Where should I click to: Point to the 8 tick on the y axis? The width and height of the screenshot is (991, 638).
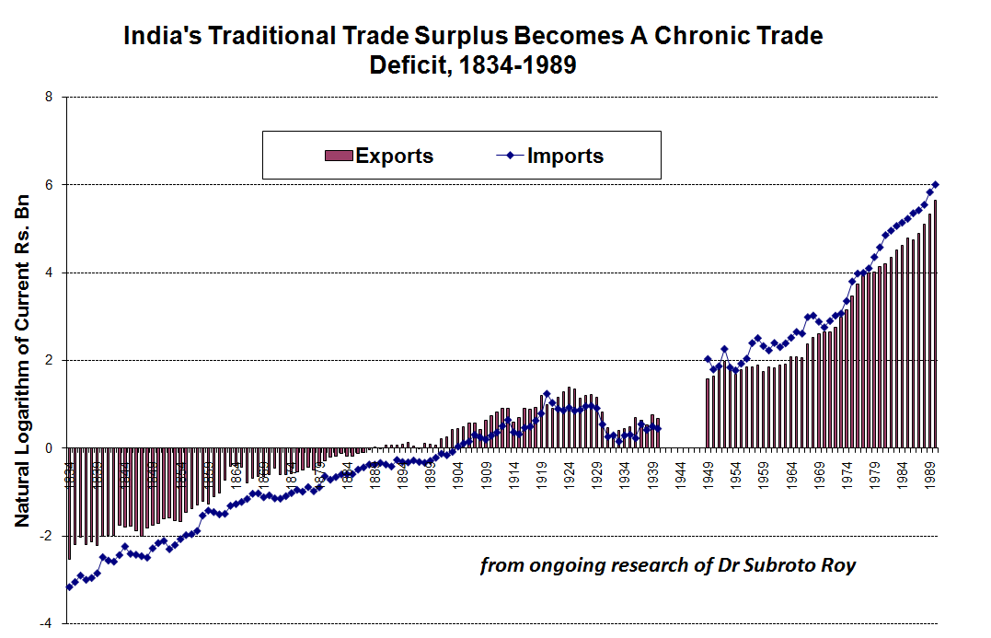pyautogui.click(x=49, y=98)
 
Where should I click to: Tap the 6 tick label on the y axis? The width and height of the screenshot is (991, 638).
pyautogui.click(x=49, y=185)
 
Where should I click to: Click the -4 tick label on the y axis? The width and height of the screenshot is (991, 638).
pyautogui.click(x=46, y=623)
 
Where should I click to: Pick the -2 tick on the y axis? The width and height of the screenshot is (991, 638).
pyautogui.click(x=46, y=536)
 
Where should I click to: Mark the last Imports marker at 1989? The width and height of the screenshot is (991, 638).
pyautogui.click(x=936, y=184)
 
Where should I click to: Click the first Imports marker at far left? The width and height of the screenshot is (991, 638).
pyautogui.click(x=68, y=586)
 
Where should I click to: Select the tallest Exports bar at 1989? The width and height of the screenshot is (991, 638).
pyautogui.click(x=936, y=322)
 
